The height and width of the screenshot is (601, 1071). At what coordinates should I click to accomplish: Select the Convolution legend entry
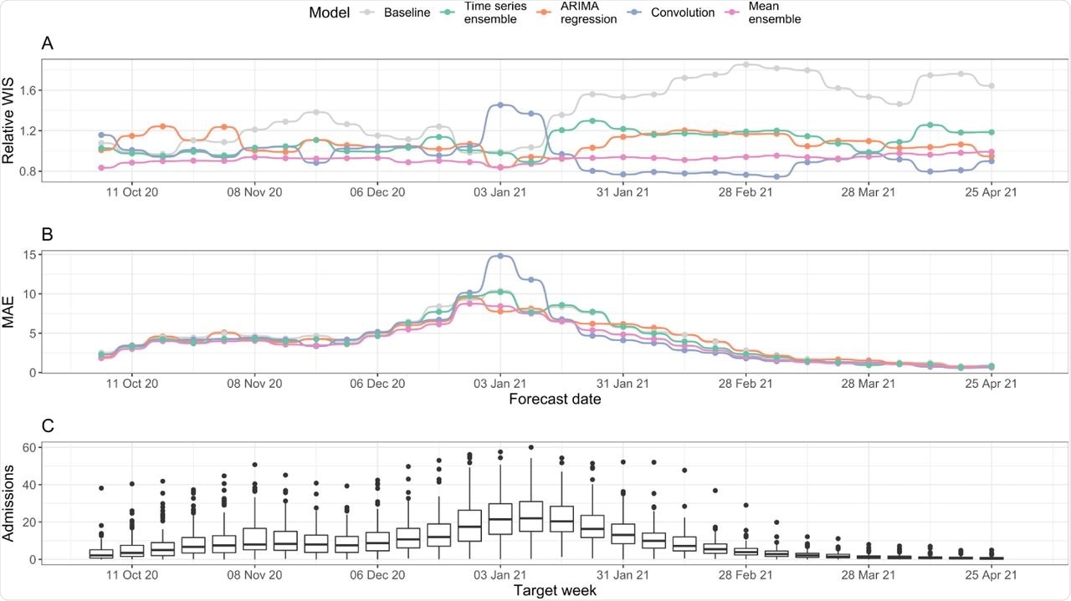pyautogui.click(x=662, y=13)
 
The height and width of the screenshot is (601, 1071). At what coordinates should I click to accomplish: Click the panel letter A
pyautogui.click(x=48, y=44)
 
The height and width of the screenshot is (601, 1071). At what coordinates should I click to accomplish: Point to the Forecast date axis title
pyautogui.click(x=554, y=400)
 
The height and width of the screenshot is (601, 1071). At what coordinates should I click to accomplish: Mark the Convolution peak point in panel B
pyautogui.click(x=500, y=256)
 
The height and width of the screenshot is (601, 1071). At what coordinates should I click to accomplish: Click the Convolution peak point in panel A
pyautogui.click(x=500, y=104)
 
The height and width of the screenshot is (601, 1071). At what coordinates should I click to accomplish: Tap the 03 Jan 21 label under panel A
pyautogui.click(x=500, y=191)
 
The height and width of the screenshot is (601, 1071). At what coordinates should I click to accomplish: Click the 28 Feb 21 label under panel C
pyautogui.click(x=746, y=575)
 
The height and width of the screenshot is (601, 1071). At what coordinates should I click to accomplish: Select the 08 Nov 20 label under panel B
pyautogui.click(x=255, y=384)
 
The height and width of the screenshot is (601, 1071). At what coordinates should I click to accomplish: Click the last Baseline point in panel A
pyautogui.click(x=992, y=86)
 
